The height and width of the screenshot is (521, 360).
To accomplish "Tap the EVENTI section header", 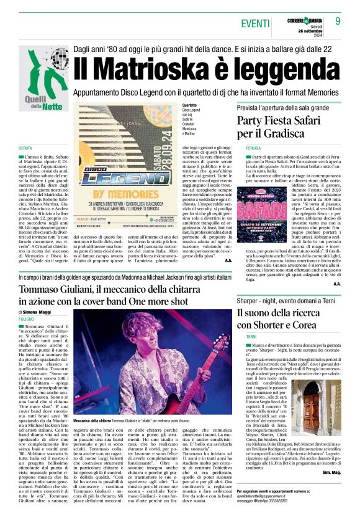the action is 256,23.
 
